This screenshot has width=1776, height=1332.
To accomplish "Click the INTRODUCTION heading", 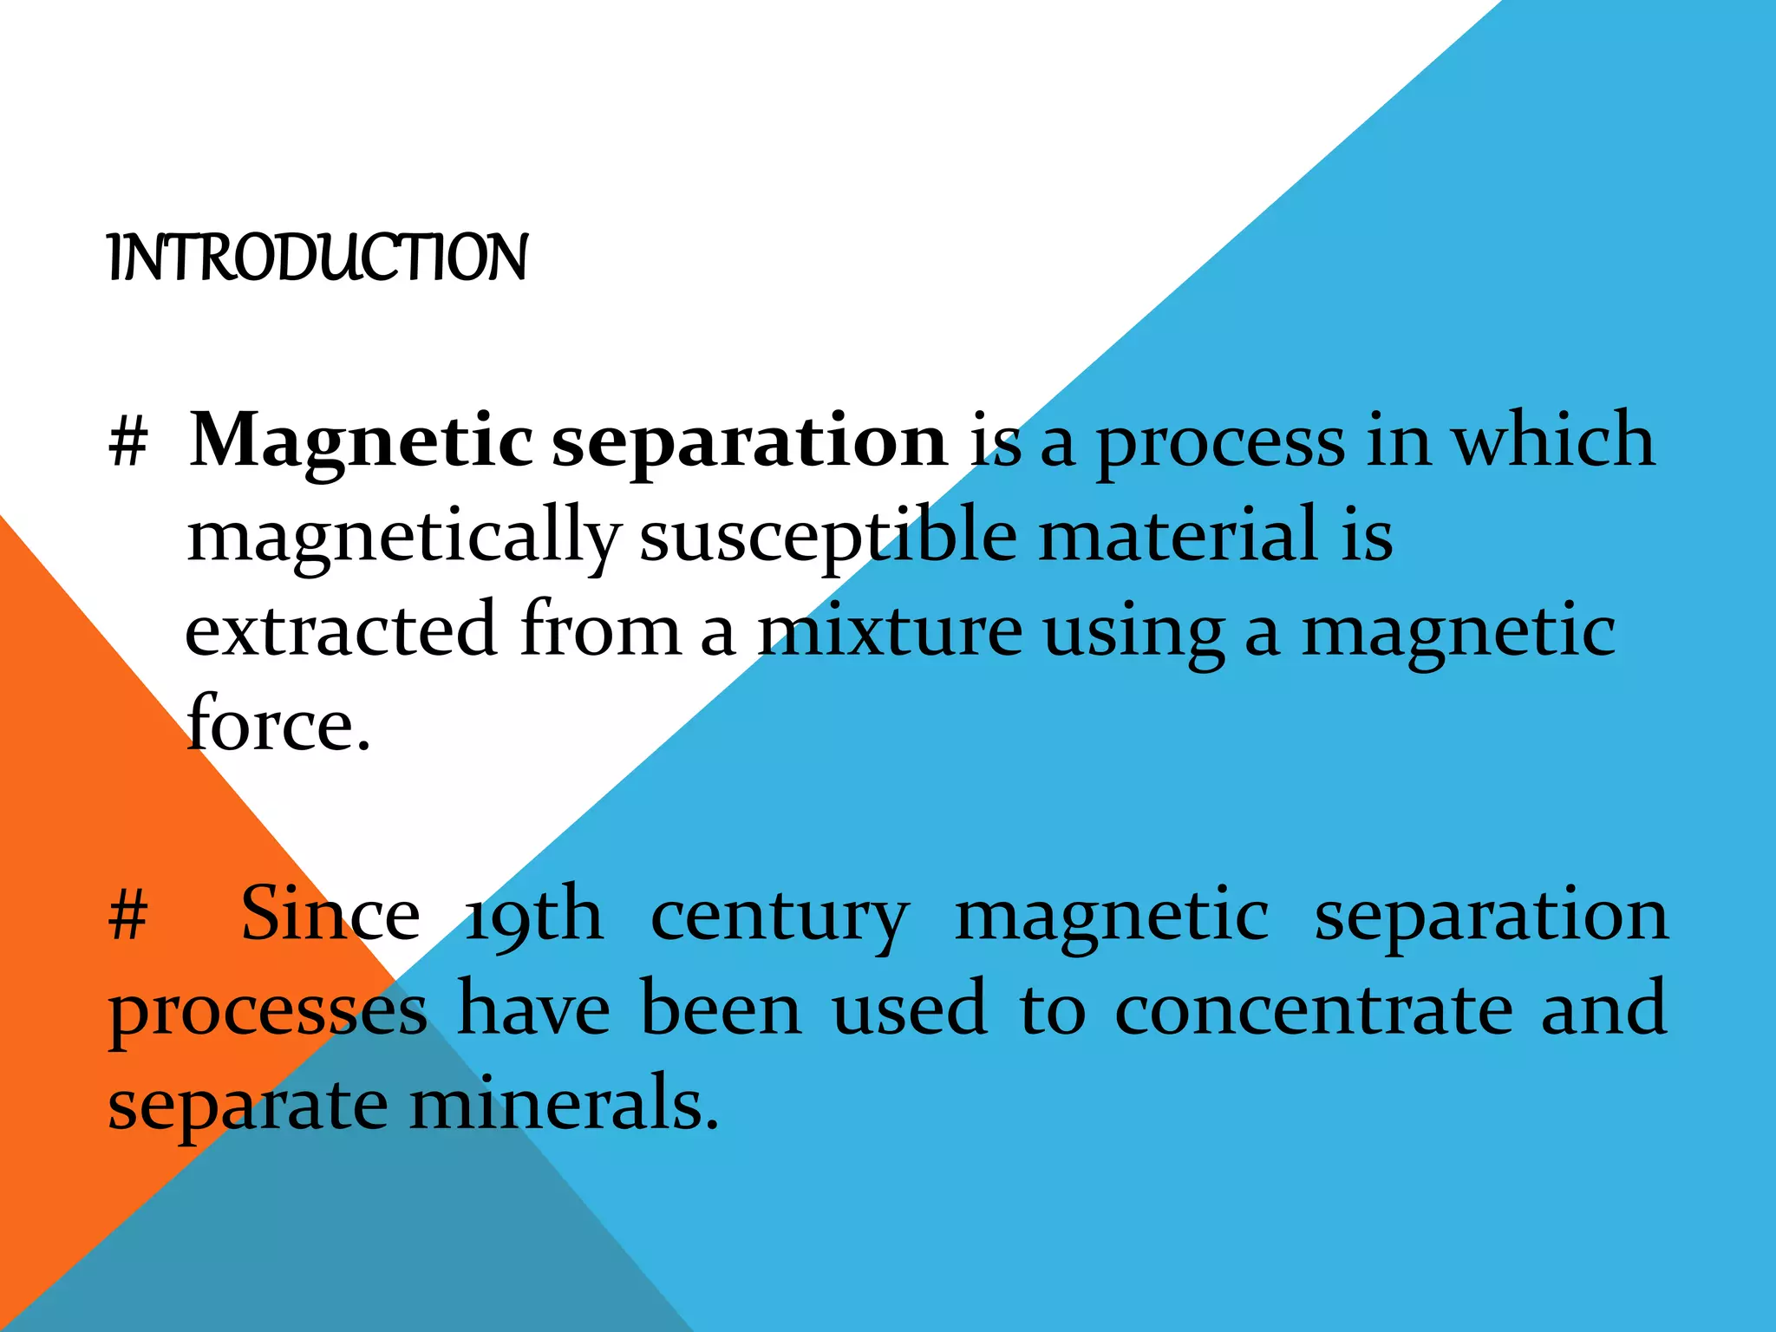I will coord(317,258).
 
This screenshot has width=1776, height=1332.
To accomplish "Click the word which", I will coord(1554,440).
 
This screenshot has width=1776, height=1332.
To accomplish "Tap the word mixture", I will coord(890,630).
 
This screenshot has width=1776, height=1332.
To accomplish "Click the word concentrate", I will coord(1314,1010).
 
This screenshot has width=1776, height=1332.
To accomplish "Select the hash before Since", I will coord(128,917).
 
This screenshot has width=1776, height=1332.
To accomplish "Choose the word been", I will coord(721,1009).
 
